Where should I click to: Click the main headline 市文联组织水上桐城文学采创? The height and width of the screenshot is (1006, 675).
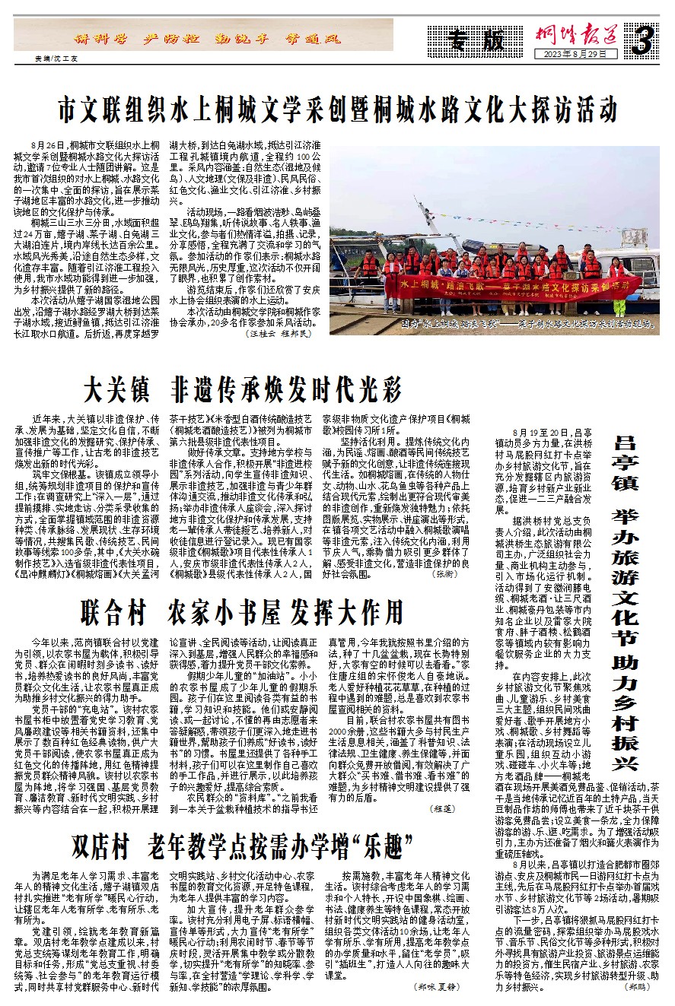click(339, 108)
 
